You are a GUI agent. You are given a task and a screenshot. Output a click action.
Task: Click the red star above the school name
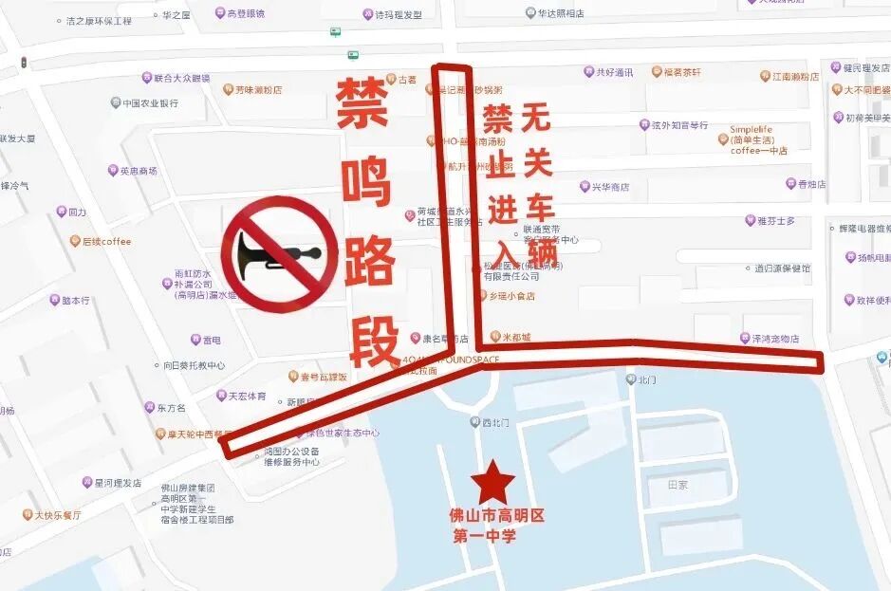[x=492, y=481]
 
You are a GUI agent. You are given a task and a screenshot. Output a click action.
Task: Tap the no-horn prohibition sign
[x=279, y=254]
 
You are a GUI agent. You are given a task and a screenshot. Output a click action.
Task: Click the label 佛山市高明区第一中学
[x=495, y=526]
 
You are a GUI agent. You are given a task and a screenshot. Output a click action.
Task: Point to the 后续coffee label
[x=105, y=241]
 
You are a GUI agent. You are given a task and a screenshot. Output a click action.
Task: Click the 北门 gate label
[x=646, y=379]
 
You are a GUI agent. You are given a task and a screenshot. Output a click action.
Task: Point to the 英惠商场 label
[x=138, y=171]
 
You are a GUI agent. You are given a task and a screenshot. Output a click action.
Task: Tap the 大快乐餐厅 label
[x=58, y=515]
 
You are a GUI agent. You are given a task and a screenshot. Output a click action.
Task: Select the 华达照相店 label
[x=561, y=13]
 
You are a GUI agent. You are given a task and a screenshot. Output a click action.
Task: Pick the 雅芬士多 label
[x=775, y=221]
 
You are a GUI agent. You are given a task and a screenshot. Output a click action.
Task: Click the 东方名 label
[x=170, y=408]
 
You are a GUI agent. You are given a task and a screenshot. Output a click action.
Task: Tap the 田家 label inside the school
[x=678, y=485]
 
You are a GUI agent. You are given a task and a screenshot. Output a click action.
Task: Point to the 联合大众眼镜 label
[x=181, y=78]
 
